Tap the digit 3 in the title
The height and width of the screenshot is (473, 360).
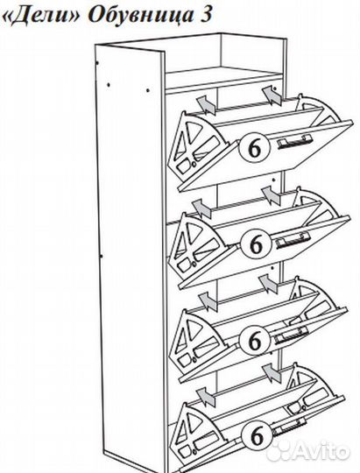pos(204,12)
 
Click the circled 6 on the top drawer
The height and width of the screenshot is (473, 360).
pos(254,148)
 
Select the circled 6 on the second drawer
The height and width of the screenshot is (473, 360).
pos(257,244)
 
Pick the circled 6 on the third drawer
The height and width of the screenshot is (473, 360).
pos(255,340)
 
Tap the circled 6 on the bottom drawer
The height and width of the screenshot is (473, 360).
pos(258,435)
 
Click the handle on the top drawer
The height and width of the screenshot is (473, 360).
pos(295,141)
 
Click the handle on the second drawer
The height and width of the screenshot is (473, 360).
pos(293,240)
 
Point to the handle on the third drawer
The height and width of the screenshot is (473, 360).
pos(291,335)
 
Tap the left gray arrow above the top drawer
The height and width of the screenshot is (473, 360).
pos(206,105)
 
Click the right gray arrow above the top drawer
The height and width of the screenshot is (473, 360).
pos(272,95)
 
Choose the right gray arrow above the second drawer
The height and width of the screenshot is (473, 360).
pos(272,196)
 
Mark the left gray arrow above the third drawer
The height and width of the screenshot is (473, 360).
pos(208,301)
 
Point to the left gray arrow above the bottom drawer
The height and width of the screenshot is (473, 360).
pos(206,397)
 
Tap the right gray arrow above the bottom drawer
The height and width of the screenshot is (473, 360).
pos(272,373)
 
